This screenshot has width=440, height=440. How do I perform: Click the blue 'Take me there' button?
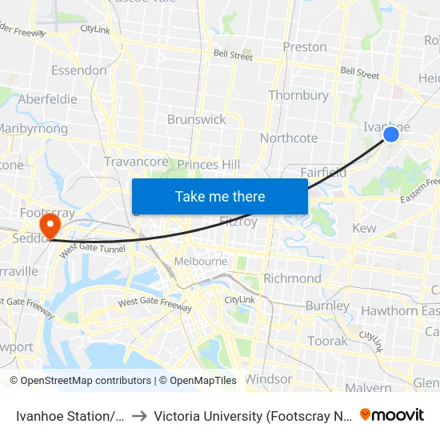(220, 196)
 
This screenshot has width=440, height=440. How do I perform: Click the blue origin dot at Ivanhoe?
(391, 134)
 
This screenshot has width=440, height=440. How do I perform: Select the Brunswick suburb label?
(197, 119)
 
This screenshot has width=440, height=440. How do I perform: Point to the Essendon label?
(79, 70)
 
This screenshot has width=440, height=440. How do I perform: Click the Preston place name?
(305, 47)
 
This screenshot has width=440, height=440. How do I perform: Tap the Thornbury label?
(298, 95)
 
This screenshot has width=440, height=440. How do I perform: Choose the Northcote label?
(289, 138)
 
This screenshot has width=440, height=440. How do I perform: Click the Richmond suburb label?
(292, 278)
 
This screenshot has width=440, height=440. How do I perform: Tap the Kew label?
(364, 229)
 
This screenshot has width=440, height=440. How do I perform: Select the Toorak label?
(328, 341)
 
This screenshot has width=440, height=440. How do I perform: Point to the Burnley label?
(327, 306)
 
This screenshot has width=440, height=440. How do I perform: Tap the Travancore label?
(136, 162)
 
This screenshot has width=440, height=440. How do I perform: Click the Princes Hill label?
(209, 165)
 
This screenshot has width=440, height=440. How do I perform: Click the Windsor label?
(269, 378)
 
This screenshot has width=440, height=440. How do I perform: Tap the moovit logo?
(392, 414)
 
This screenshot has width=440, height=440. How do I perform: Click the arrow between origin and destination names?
(139, 416)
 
